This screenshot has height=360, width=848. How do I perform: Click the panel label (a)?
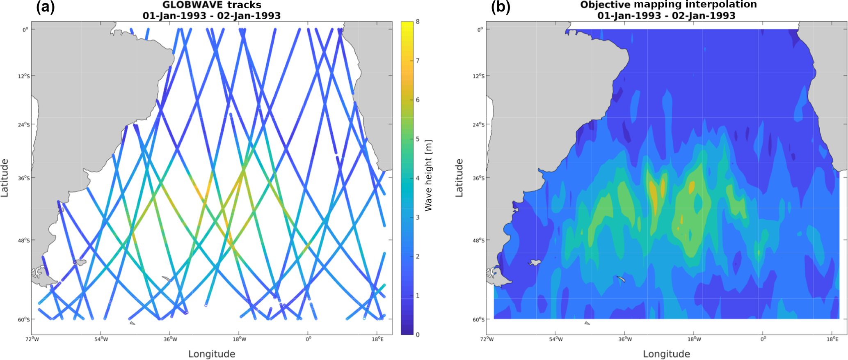(x=45, y=7)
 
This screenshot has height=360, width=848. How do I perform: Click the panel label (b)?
(x=501, y=7)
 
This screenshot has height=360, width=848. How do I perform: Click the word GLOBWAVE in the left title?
(x=192, y=5)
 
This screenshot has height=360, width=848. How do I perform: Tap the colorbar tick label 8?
(x=418, y=22)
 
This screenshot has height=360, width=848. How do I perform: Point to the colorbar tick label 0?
(x=418, y=335)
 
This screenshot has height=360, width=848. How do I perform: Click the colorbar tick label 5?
(x=418, y=139)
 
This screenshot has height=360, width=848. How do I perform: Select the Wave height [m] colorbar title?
(x=428, y=176)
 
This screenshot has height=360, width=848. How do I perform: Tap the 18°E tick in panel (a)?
(x=377, y=339)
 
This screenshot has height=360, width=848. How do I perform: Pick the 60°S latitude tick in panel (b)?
(x=478, y=319)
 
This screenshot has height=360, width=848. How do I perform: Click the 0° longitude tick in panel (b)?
(x=763, y=339)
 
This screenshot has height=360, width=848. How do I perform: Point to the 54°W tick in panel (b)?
(x=555, y=339)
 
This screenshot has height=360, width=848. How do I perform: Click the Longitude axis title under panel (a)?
(x=212, y=354)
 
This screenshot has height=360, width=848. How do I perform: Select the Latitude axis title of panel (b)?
(x=459, y=178)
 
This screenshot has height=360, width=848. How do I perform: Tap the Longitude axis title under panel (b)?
(x=666, y=354)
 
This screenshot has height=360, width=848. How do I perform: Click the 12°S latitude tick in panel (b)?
(x=478, y=76)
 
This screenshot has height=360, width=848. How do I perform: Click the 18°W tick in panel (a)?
(x=240, y=339)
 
